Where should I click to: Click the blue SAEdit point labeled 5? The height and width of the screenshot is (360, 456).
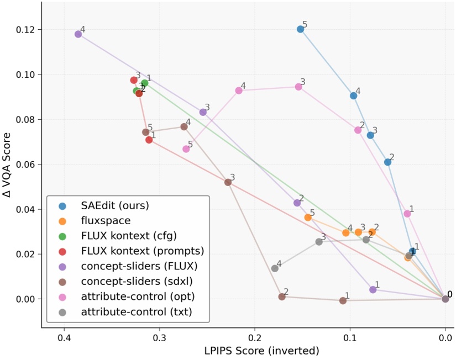(x=300, y=29)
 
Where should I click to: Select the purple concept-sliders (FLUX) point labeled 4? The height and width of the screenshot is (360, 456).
(x=78, y=34)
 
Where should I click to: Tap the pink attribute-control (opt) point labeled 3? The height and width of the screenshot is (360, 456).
(x=298, y=87)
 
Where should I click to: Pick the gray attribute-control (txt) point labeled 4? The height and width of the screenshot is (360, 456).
(x=275, y=268)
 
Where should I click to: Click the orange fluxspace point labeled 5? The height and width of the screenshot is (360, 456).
(x=308, y=218)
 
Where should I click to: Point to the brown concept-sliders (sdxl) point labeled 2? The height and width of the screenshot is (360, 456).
(x=282, y=297)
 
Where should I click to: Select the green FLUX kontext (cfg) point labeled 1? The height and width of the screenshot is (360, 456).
(x=145, y=83)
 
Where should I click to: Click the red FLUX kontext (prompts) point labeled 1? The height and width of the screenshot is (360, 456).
(x=149, y=140)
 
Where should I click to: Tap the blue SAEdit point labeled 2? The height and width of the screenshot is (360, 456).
(x=387, y=162)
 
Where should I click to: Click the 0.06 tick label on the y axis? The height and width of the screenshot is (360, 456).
(x=29, y=165)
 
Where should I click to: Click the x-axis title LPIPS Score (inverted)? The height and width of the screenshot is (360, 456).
(x=247, y=351)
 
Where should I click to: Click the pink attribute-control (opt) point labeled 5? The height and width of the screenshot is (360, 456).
(x=186, y=149)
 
